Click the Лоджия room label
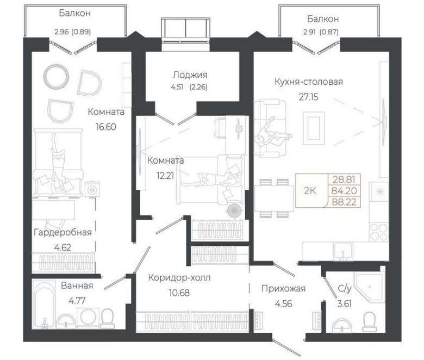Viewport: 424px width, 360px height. (x=190, y=75)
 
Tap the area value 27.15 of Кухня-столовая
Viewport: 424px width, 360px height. (x=309, y=97)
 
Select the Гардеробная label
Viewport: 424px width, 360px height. (x=63, y=232)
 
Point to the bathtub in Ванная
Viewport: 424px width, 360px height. (x=44, y=305)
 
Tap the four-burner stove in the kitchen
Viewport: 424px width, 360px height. (x=378, y=232)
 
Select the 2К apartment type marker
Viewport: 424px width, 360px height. (x=310, y=191)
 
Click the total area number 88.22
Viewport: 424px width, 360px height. (x=344, y=202)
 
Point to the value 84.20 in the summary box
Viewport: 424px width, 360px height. (x=344, y=191)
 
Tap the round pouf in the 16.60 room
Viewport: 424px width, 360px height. (x=56, y=77)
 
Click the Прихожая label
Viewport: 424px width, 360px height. (x=283, y=289)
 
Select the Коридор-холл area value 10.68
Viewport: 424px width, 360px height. (x=179, y=293)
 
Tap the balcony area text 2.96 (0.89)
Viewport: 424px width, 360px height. (x=72, y=32)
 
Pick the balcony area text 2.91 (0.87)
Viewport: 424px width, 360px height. (x=321, y=32)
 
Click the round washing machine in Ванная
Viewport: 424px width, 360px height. (x=89, y=318)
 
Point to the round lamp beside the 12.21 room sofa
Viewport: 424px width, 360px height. (x=235, y=211)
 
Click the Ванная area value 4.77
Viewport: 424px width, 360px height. (x=77, y=301)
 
